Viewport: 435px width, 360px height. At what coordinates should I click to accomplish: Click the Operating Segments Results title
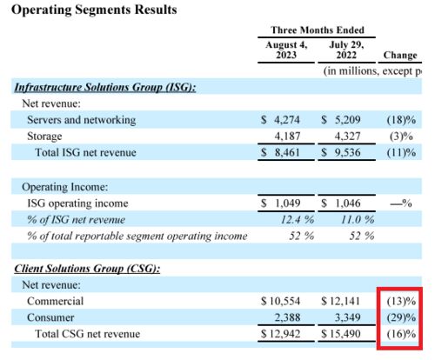94,10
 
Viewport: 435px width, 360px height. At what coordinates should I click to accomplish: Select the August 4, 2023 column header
286,50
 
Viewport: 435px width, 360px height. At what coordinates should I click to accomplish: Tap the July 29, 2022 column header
346,50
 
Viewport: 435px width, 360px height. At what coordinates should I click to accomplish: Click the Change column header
400,55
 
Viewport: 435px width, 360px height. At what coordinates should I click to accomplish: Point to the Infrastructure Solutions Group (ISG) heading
105,87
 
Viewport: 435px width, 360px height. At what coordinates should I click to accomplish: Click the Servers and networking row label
81,120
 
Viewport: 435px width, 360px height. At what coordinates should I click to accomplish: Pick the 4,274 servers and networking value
287,120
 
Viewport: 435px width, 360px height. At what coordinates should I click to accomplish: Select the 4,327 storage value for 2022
347,136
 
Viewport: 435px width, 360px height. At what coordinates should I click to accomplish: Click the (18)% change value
401,120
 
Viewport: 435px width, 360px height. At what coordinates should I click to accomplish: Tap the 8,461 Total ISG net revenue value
287,152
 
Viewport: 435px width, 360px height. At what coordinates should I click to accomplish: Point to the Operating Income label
64,187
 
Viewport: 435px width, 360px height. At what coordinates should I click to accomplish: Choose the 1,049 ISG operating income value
287,203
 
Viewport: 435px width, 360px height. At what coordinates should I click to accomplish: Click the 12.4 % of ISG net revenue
298,220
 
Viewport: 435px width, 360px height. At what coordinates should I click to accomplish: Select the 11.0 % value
358,220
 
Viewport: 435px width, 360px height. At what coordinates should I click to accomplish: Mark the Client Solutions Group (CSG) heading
87,269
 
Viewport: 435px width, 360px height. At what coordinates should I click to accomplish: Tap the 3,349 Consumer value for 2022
347,317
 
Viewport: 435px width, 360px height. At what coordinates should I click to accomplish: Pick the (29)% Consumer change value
401,317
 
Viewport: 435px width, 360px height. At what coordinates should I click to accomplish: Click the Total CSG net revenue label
87,334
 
